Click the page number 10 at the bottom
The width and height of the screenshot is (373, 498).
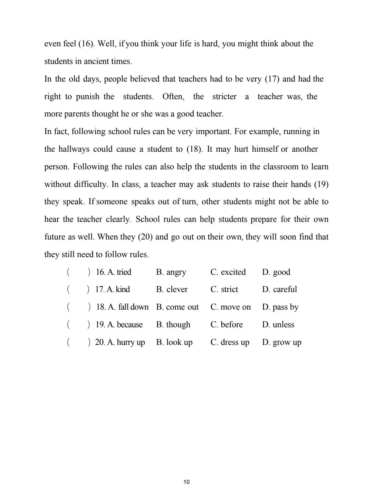[x=186, y=482]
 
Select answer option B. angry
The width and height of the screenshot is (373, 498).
[x=171, y=272]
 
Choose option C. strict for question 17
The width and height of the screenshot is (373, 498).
[x=224, y=290]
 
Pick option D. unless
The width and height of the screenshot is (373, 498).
[x=278, y=325]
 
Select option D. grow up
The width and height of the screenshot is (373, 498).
[x=281, y=342]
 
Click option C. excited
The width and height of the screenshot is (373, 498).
[x=228, y=272]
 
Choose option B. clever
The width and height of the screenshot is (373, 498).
[x=172, y=290]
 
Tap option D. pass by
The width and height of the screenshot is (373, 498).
[x=280, y=307]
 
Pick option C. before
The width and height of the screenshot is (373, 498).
[x=226, y=325]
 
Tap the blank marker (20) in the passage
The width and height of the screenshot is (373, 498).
[x=145, y=237]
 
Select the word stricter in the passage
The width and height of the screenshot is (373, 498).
[x=224, y=97]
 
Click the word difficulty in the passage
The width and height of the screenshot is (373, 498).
[x=91, y=184]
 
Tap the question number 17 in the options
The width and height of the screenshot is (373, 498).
[x=99, y=290]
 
